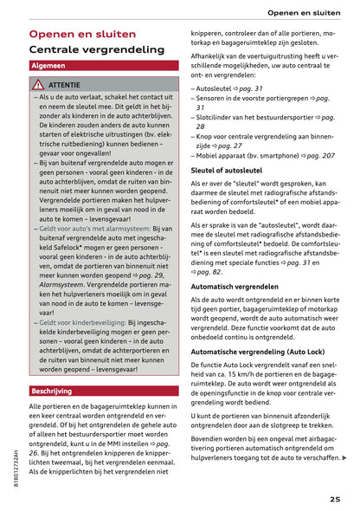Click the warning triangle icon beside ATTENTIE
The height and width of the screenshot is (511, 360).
tap(38, 85)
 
